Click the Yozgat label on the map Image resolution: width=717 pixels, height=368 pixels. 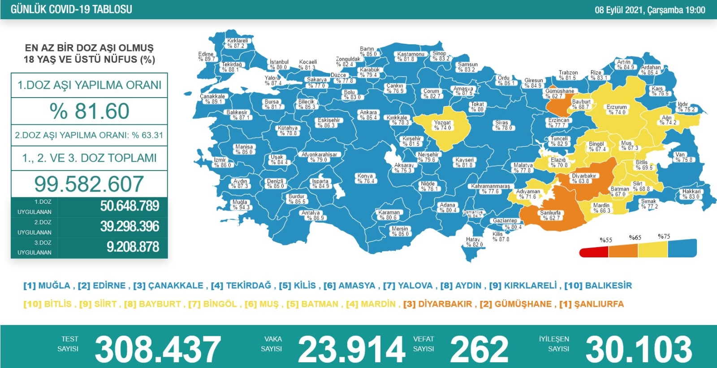442,125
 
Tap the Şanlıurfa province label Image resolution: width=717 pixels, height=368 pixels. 551,215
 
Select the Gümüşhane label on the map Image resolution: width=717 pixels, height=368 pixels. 560,93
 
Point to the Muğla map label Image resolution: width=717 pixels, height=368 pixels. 240,205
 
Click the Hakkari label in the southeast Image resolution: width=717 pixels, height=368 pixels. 691,194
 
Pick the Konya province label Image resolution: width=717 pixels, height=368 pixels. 366,179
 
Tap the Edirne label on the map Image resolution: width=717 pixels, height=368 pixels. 206,56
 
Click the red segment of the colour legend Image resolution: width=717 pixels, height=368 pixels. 593,252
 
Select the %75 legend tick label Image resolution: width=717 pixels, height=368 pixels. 664,236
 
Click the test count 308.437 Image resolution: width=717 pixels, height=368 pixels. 158,350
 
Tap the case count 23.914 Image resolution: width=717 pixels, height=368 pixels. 351,350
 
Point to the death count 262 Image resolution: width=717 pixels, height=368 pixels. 479,350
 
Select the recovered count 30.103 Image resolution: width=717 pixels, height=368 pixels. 639,350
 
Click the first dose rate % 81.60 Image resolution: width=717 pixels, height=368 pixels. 90,111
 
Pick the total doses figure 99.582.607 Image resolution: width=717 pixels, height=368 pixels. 89,184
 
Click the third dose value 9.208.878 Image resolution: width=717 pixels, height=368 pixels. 133,247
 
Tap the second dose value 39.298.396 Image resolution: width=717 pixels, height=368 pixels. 130,227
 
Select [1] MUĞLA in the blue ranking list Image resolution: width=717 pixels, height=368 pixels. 47,286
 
